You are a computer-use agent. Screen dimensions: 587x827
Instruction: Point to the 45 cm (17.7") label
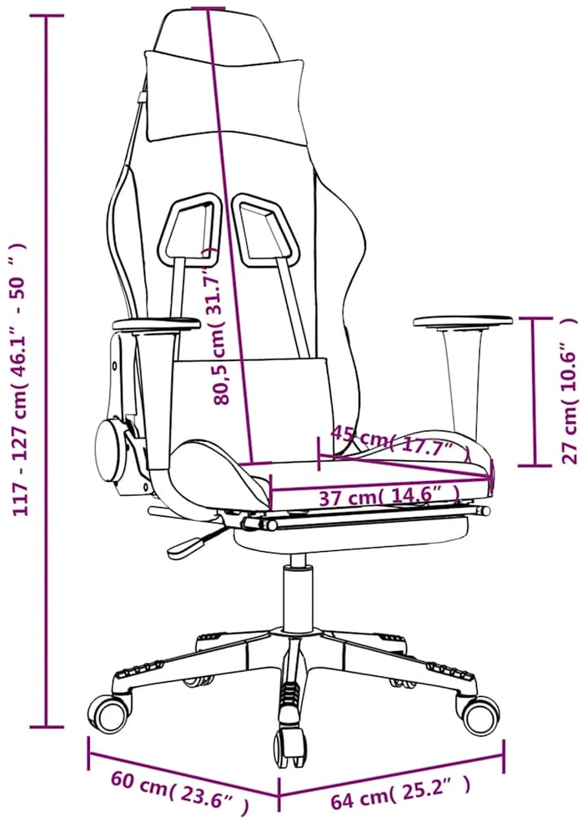[x=399, y=441]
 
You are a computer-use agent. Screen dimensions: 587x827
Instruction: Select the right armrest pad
[x=463, y=321]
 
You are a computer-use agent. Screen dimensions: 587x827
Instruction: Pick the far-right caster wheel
[x=479, y=714]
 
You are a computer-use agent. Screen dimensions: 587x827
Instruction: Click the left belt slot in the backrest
[x=188, y=228]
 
